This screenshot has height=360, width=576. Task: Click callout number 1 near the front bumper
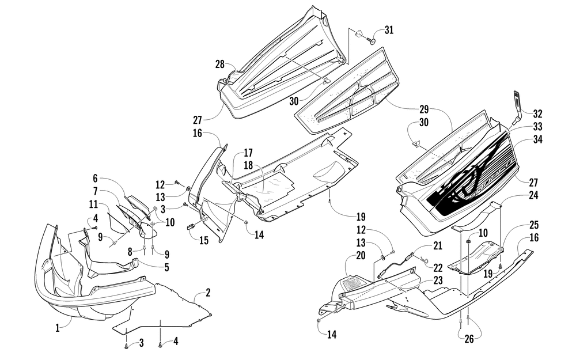[57, 328]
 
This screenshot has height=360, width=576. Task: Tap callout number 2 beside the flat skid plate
[208, 293]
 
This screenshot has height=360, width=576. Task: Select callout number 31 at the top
[389, 30]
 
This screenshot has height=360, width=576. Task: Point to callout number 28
[219, 65]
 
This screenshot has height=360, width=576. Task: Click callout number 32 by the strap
[537, 114]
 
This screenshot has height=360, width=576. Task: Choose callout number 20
[361, 255]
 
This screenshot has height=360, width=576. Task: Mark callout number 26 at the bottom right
[469, 339]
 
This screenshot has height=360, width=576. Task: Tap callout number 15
[204, 241]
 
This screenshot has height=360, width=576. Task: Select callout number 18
[248, 165]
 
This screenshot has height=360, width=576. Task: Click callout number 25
[534, 225]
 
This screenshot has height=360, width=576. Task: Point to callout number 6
[95, 179]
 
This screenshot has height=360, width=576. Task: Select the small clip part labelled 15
[192, 226]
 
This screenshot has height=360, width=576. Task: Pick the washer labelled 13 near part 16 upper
[188, 188]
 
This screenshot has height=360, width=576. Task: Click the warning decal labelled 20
[353, 282]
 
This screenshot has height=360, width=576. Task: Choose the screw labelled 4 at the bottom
[160, 344]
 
